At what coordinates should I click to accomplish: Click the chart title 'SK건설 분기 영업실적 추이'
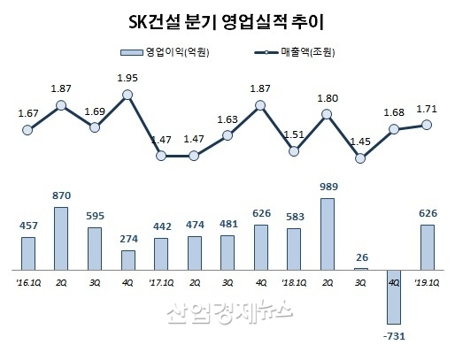coord(227,20)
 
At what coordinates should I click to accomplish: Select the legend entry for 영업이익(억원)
coord(168,52)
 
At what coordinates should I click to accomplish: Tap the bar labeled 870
coord(62,237)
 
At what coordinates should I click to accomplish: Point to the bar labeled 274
coord(128,259)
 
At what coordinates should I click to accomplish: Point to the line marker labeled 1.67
coord(28,130)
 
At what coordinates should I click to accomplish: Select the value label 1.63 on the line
coord(227,119)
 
